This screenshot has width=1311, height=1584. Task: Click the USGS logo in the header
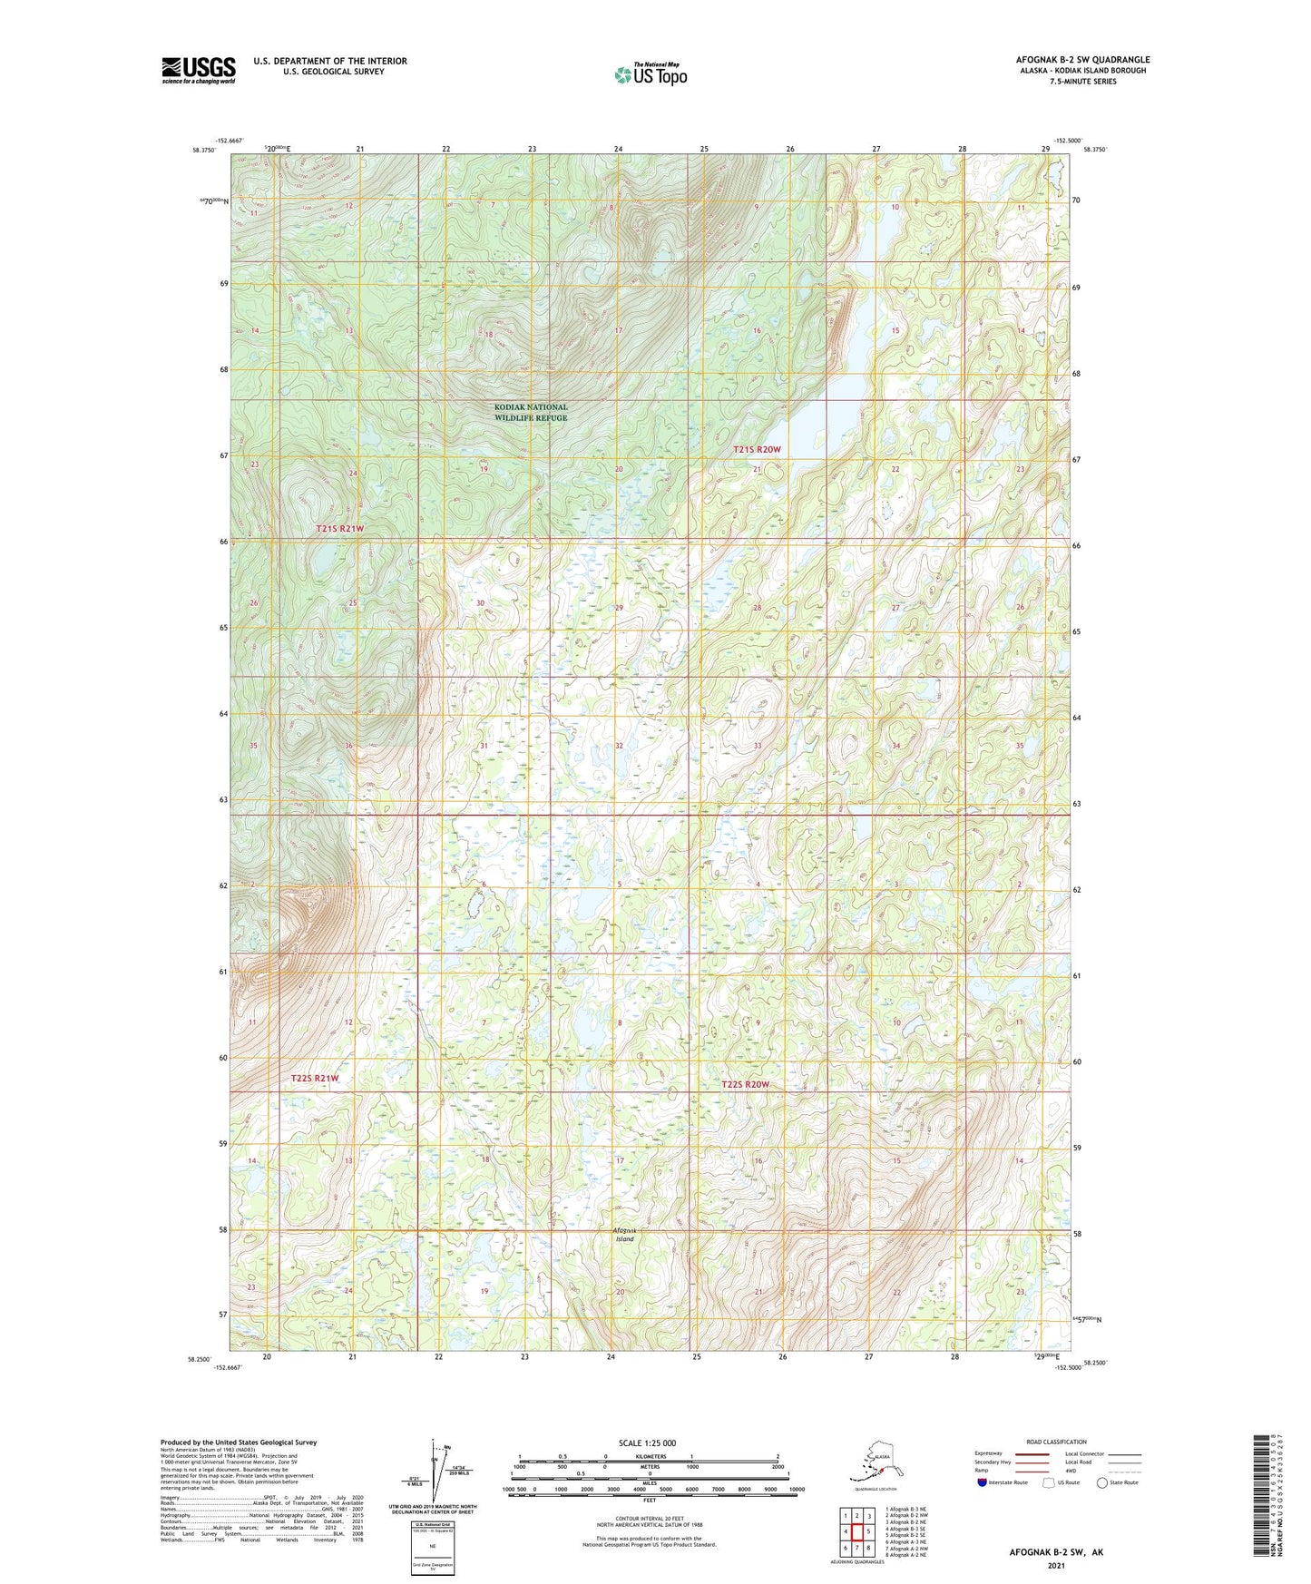click(198, 70)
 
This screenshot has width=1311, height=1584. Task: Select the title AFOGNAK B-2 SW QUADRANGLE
click(1082, 60)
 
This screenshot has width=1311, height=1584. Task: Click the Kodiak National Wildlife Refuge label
click(531, 413)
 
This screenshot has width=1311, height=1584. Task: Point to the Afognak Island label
click(625, 1234)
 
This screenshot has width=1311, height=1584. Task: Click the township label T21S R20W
click(757, 450)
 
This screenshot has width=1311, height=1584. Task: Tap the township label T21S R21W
click(339, 529)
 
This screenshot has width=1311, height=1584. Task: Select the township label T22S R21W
click(315, 1079)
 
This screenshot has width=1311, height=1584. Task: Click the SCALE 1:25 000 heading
click(648, 1443)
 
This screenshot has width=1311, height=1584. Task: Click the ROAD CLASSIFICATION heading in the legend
click(1056, 1442)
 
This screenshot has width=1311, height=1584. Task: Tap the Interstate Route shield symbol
click(983, 1483)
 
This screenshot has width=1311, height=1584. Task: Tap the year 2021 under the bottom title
click(1055, 1565)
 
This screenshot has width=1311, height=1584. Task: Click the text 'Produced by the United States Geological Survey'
click(239, 1442)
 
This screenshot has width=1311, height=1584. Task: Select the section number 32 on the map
click(619, 746)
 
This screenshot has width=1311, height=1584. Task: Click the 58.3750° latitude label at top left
click(205, 151)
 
